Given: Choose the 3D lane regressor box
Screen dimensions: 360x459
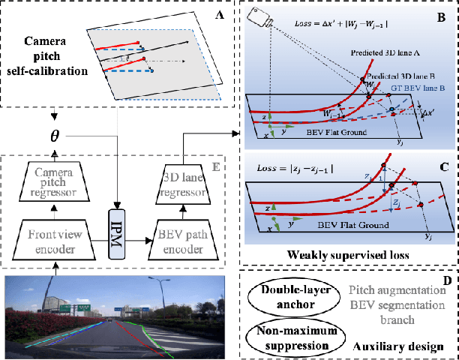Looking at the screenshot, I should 183,180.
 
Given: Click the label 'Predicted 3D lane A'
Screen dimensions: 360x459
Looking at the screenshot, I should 388,53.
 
